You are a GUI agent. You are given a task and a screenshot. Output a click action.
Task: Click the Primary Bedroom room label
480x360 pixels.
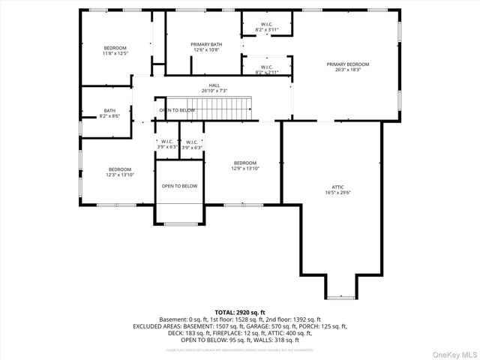pyautogui.click(x=347, y=67)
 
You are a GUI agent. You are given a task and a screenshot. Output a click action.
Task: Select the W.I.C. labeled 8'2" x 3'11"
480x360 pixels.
pyautogui.click(x=267, y=27)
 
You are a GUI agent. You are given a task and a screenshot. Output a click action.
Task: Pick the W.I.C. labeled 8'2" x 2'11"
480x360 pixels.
pyautogui.click(x=267, y=70)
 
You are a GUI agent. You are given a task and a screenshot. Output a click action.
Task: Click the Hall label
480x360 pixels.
pyautogui.click(x=214, y=88)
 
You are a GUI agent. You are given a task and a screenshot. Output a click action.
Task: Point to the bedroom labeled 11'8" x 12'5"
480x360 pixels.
pyautogui.click(x=115, y=50)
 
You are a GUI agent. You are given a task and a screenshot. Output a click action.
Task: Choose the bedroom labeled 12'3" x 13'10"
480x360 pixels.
pyautogui.click(x=119, y=172)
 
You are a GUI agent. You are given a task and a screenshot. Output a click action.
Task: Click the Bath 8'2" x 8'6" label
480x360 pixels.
pyautogui.click(x=109, y=114)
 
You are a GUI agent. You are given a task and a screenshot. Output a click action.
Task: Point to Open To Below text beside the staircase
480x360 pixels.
pyautogui.click(x=177, y=110)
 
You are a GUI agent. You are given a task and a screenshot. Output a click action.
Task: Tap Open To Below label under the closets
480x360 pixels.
pyautogui.click(x=180, y=186)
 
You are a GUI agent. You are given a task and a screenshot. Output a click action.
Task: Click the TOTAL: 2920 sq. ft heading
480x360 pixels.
pyautogui.click(x=240, y=312)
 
